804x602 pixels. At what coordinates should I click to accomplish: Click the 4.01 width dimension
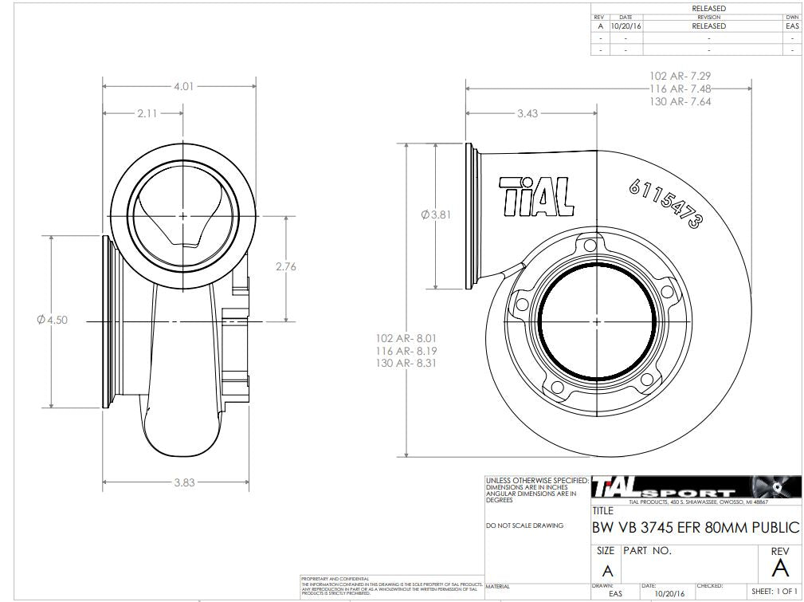click(183, 86)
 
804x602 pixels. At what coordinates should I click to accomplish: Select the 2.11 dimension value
click(147, 113)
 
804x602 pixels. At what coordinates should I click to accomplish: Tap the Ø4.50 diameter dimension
click(53, 320)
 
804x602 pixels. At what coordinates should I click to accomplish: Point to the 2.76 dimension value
click(285, 266)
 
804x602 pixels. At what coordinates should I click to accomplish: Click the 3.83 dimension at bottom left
click(183, 482)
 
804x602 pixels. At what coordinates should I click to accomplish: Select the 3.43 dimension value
click(527, 113)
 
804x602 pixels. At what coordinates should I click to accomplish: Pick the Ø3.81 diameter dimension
click(436, 214)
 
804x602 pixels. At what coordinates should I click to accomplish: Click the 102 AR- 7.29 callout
click(680, 76)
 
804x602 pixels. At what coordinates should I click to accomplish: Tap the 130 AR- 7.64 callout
click(680, 102)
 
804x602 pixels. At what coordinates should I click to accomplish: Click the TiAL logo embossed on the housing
click(536, 195)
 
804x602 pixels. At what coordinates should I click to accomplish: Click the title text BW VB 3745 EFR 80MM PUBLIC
click(695, 527)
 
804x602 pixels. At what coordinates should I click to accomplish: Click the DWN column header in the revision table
click(791, 17)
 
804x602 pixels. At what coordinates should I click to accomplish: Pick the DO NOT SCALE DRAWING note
click(524, 525)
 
